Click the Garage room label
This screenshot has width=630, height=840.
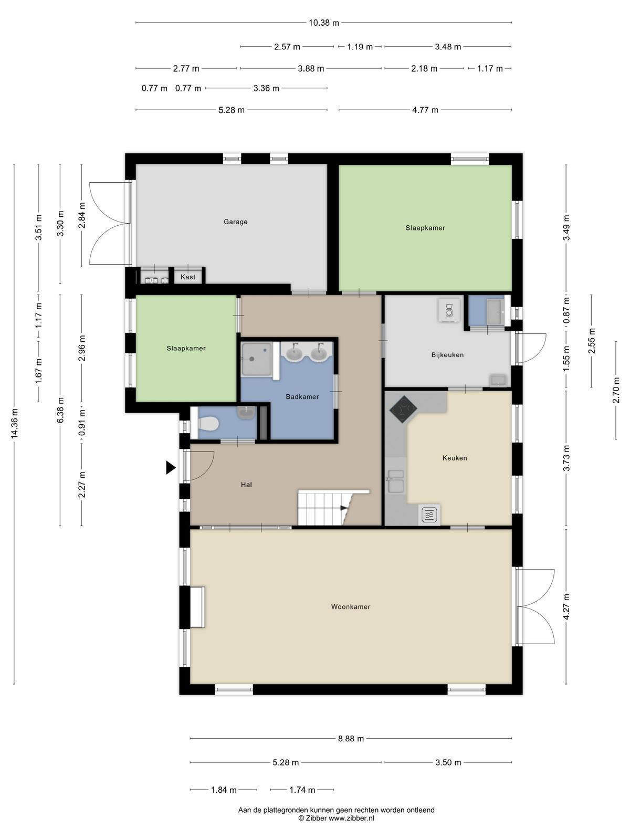click(x=235, y=222)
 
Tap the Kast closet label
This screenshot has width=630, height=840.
click(x=188, y=277)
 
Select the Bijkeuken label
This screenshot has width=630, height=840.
click(x=447, y=355)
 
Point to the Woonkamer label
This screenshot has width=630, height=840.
click(x=350, y=606)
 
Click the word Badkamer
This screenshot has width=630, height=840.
click(x=302, y=396)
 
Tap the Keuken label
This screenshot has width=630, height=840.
click(x=455, y=458)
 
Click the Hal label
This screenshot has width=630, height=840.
click(x=246, y=485)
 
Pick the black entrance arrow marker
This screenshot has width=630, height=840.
click(x=171, y=468)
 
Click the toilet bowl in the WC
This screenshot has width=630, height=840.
click(x=208, y=424)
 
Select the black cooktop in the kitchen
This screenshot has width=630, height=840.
click(x=404, y=408)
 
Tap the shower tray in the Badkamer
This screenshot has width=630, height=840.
click(x=257, y=359)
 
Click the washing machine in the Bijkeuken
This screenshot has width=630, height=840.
click(x=449, y=310)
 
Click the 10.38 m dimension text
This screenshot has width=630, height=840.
click(x=324, y=23)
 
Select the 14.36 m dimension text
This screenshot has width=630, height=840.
click(x=14, y=423)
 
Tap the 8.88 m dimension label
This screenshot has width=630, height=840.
click(x=351, y=739)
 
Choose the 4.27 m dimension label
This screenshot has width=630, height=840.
click(x=566, y=607)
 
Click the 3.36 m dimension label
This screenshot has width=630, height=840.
click(x=266, y=88)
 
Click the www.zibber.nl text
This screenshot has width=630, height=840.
click(x=351, y=818)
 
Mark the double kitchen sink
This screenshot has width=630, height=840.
click(x=395, y=481)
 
